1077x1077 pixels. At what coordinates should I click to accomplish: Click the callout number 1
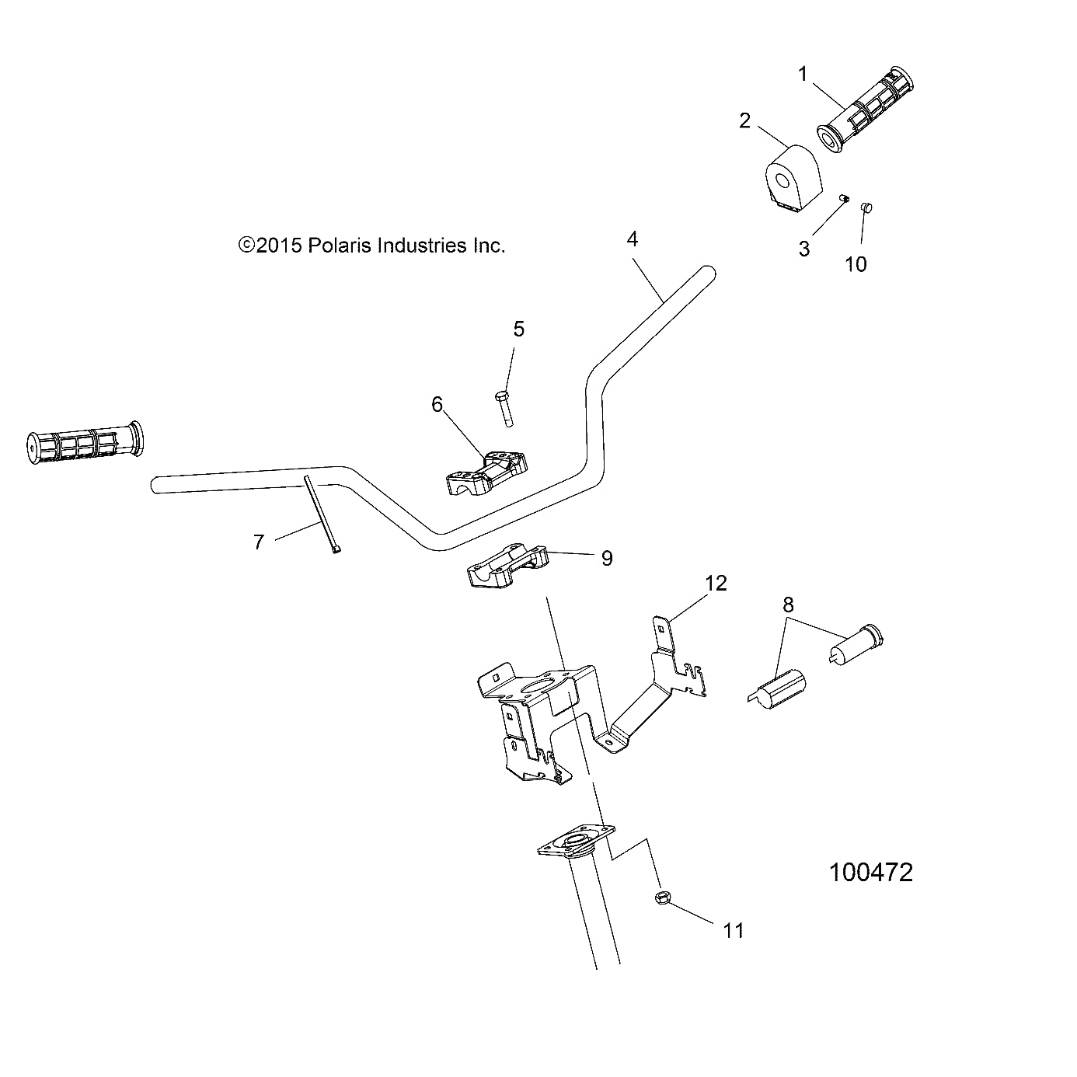tap(803, 75)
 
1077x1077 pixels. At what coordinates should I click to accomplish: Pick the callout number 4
tap(633, 239)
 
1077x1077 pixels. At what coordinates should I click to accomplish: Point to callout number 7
tap(259, 542)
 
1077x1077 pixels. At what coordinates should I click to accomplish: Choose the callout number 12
tap(716, 584)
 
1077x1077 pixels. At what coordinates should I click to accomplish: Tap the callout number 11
tap(734, 930)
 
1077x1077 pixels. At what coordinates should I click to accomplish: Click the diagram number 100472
tap(871, 872)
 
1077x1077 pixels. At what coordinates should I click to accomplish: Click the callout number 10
tap(856, 264)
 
